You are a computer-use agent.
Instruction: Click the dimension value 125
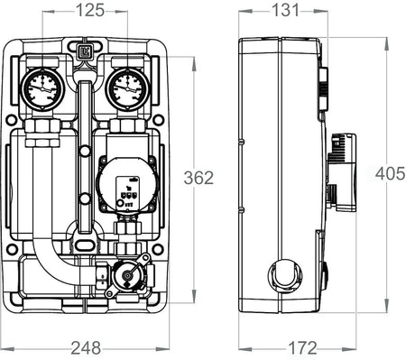pos(89,11)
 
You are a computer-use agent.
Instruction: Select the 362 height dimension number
pos(198,177)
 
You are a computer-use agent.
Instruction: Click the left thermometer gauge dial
pos(43,88)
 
